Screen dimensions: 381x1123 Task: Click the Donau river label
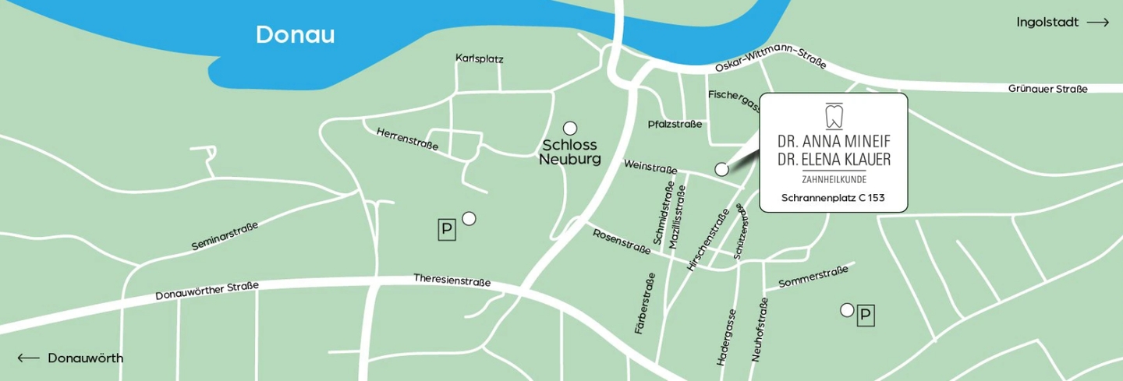pos(295,35)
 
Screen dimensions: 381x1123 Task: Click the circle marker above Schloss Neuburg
pos(570,128)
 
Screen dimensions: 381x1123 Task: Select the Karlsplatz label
pos(480,58)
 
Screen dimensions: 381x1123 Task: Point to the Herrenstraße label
pos(407,139)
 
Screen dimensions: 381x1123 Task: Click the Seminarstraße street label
pos(225,236)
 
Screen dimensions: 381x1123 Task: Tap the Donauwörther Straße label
pos(207,291)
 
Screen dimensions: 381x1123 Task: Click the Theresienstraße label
pos(452,280)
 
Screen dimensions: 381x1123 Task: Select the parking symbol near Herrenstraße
pos(447,229)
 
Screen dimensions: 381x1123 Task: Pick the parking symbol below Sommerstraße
pos(866,316)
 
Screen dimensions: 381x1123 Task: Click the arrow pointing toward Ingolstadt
pos(1097,23)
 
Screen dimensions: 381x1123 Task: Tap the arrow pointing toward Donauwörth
pos(28,358)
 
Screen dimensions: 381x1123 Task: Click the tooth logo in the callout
pos(834,115)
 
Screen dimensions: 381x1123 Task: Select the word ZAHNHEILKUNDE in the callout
pos(834,180)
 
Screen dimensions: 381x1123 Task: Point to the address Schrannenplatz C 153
pos(833,198)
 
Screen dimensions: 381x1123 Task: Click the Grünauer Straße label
pos(1047,89)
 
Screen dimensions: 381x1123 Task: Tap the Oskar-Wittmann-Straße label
pos(770,58)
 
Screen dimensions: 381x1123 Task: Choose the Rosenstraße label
pos(622,242)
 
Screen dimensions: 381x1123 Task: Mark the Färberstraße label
pos(644,303)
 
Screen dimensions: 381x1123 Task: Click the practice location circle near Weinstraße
pos(721,169)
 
